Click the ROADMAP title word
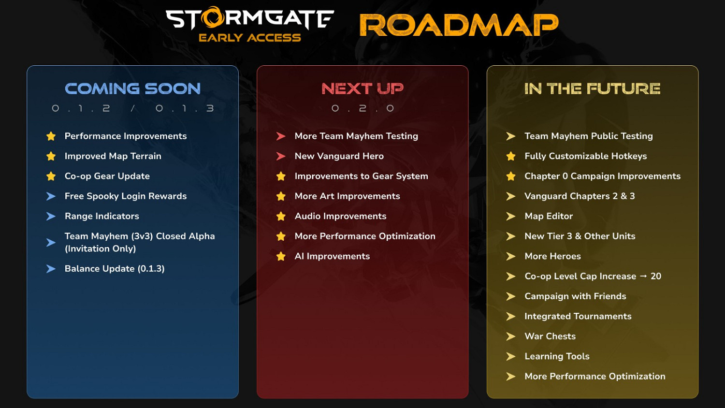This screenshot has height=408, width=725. pyautogui.click(x=459, y=25)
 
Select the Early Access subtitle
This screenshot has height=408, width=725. pyautogui.click(x=249, y=38)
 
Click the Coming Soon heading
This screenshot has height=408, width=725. pyautogui.click(x=133, y=89)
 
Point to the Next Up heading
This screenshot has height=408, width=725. pyautogui.click(x=362, y=89)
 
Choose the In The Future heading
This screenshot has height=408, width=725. pyautogui.click(x=592, y=89)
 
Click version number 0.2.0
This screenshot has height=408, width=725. pyautogui.click(x=362, y=108)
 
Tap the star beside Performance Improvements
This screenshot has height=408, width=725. pyautogui.click(x=51, y=136)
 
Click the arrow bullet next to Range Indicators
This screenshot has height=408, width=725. pyautogui.click(x=51, y=216)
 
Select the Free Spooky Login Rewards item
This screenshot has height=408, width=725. pyautogui.click(x=126, y=196)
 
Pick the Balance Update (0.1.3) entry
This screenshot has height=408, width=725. pyautogui.click(x=115, y=269)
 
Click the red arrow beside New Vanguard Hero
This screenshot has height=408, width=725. pyautogui.click(x=281, y=156)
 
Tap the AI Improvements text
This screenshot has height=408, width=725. pyautogui.click(x=332, y=256)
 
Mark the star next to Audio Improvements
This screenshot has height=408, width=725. pyautogui.click(x=281, y=216)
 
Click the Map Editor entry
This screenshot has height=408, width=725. pyautogui.click(x=549, y=216)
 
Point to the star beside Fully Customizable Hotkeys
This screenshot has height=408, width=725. pyautogui.click(x=511, y=156)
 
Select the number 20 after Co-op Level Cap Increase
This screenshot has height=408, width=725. pyautogui.click(x=656, y=276)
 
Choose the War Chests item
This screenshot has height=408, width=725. pyautogui.click(x=550, y=336)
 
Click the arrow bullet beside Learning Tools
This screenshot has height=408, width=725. pyautogui.click(x=511, y=356)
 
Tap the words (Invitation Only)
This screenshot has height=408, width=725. pyautogui.click(x=101, y=248)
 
